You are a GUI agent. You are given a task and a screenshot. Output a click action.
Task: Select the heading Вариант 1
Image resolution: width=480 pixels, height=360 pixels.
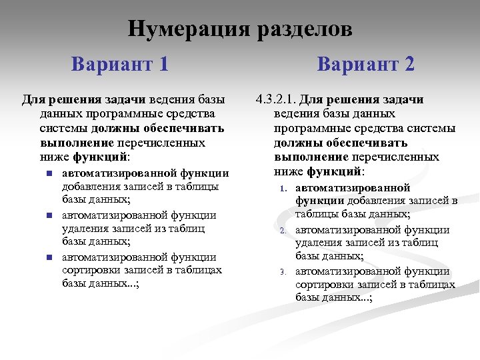[119, 65]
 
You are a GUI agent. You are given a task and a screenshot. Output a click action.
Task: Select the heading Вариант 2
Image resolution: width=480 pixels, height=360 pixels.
[365, 65]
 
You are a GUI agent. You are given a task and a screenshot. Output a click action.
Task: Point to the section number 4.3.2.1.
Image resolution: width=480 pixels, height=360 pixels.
[275, 100]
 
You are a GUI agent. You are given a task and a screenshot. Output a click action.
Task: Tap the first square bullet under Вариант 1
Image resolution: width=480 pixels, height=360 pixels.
[49, 174]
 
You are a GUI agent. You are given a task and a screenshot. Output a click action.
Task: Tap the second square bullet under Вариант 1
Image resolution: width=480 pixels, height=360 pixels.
[49, 215]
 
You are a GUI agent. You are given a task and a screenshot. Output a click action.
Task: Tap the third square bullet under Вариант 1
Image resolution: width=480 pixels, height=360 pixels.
[49, 257]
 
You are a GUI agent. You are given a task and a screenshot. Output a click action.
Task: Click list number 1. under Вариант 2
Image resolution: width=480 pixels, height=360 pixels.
[282, 189]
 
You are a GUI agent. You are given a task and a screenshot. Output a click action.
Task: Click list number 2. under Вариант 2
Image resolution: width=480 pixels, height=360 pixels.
[282, 231]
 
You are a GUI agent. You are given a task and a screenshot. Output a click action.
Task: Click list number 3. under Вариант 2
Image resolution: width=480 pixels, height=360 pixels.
[282, 272]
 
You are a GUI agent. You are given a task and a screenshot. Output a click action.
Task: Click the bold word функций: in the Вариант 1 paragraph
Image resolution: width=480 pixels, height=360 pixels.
[105, 158]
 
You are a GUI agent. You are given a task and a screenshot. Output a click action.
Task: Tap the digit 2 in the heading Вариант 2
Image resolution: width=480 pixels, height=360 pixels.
[407, 65]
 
